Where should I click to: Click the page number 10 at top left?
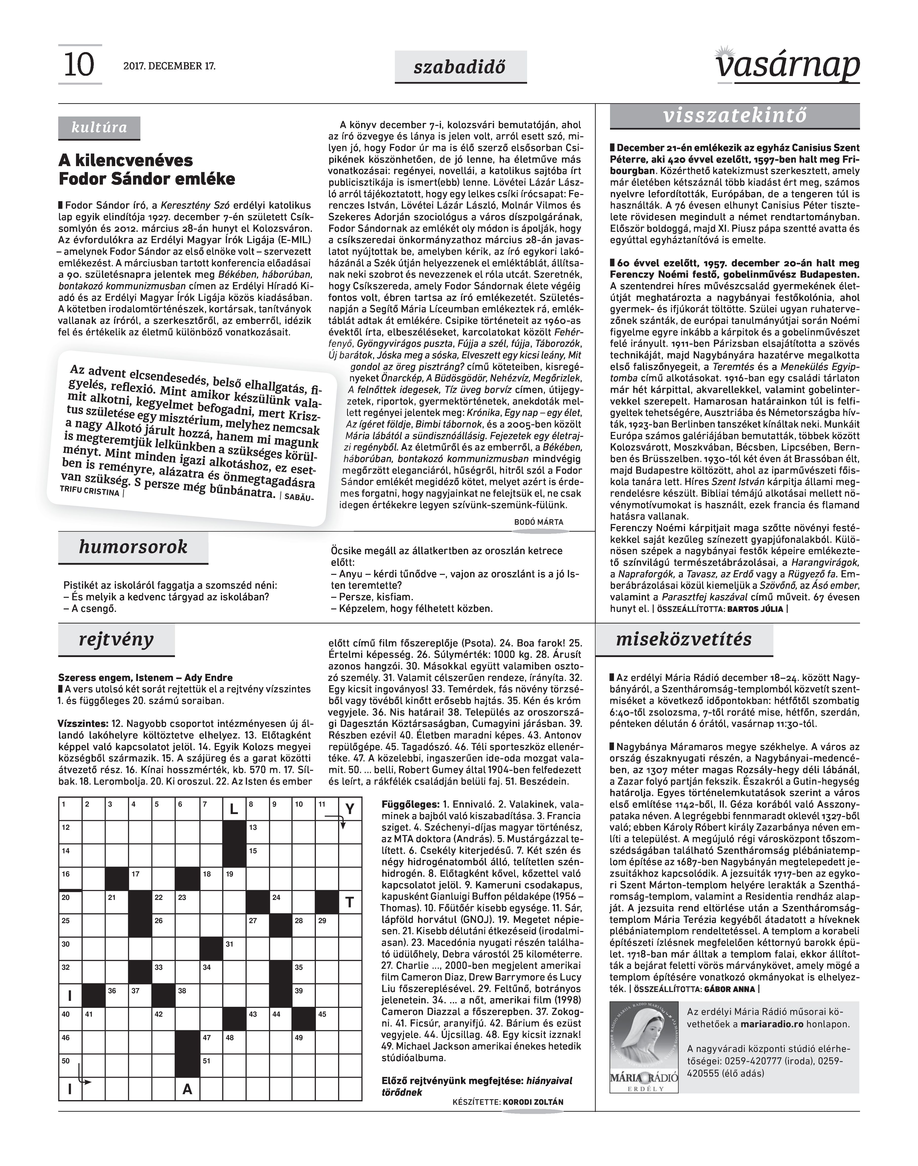pyautogui.click(x=79, y=65)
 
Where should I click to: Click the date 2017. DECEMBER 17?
pyautogui.click(x=169, y=67)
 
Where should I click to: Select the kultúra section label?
pyautogui.click(x=99, y=128)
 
